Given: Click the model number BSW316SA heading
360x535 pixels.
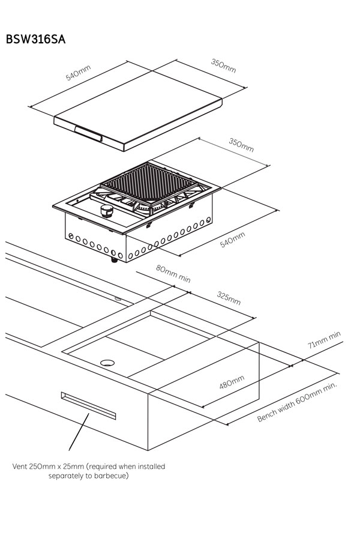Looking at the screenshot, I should (x=35, y=40).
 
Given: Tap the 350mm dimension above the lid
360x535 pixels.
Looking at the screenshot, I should (x=223, y=65).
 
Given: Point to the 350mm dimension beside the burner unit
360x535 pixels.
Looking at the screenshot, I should (x=241, y=145).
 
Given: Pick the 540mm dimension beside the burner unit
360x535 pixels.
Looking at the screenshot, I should (x=233, y=240).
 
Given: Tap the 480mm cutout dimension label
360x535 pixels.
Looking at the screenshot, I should (x=232, y=382).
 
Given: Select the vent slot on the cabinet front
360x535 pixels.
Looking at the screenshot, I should (x=88, y=404).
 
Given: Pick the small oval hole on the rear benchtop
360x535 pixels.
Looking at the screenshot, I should (x=118, y=297).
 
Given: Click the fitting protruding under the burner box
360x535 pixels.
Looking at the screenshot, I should (x=113, y=260).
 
